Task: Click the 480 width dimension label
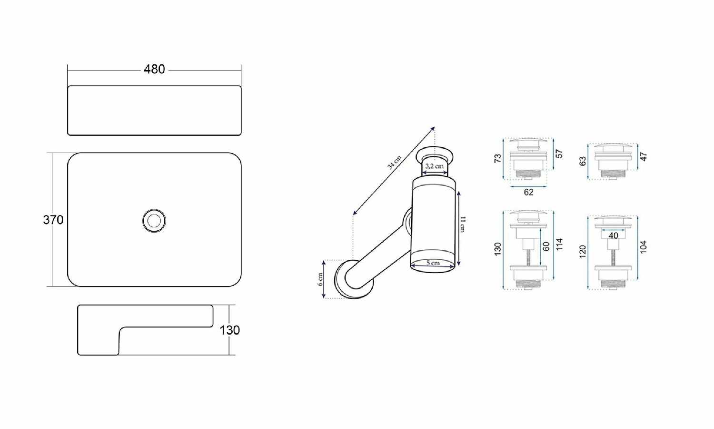(x=154, y=69)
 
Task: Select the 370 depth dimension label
(x=53, y=220)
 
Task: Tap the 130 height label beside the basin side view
(x=229, y=330)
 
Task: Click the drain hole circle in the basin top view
(x=154, y=221)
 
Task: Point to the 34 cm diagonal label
(x=394, y=162)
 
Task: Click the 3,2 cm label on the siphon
(x=434, y=166)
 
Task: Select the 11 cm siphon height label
(x=463, y=224)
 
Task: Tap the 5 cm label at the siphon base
(x=433, y=263)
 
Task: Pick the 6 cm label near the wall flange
(x=320, y=279)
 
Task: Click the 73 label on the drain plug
(x=497, y=158)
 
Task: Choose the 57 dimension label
(x=559, y=154)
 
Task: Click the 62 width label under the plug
(x=528, y=192)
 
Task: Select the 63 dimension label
(x=583, y=161)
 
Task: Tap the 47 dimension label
(x=644, y=157)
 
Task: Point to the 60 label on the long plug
(x=546, y=246)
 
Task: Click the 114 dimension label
(x=559, y=244)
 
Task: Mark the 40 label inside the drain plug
(x=613, y=235)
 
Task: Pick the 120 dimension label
(x=583, y=252)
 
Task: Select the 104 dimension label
(x=644, y=247)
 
